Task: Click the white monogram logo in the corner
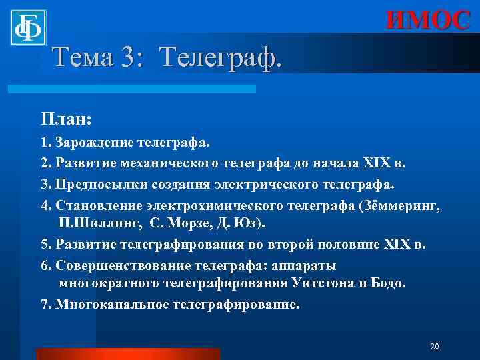point(27,27)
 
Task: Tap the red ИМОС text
point(428,20)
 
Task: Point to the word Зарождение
point(95,143)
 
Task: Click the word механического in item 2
point(157,163)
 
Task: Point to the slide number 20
point(435,347)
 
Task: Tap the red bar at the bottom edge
point(127,353)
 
